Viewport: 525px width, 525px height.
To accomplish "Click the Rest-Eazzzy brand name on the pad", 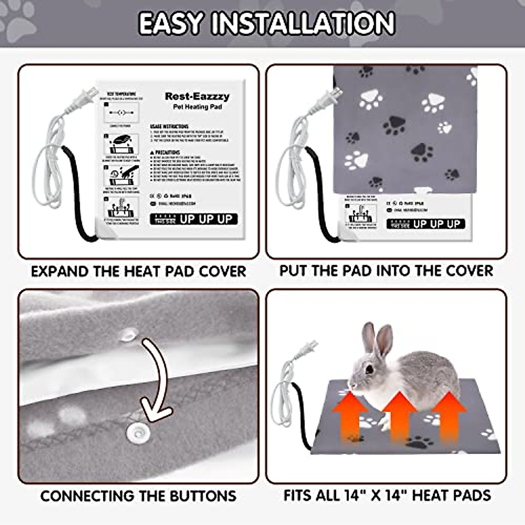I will click(197, 96).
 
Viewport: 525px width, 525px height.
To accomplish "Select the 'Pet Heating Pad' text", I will click(197, 107).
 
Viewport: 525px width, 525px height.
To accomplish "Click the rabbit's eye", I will click(370, 369).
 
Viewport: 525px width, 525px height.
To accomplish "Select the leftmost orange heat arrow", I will click(350, 416).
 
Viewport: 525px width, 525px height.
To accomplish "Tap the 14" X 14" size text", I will click(374, 495).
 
